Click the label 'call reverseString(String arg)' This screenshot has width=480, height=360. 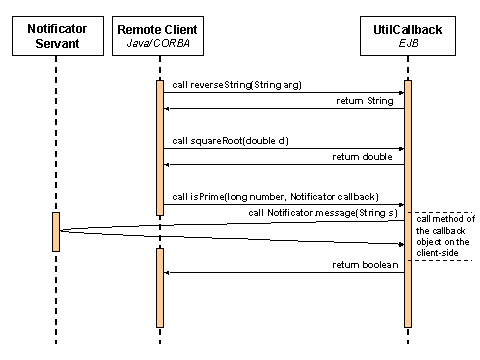coord(237,85)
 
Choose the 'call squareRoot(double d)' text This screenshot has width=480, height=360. coord(230,141)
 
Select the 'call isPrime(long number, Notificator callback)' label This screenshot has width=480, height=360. coord(271,197)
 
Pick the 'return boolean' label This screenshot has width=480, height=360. coord(366,264)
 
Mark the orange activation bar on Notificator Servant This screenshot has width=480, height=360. coord(56,231)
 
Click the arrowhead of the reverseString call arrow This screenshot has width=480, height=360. coord(399,93)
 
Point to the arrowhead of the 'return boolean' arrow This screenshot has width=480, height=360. coord(168,272)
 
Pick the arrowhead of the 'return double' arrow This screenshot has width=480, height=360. coord(168,164)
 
